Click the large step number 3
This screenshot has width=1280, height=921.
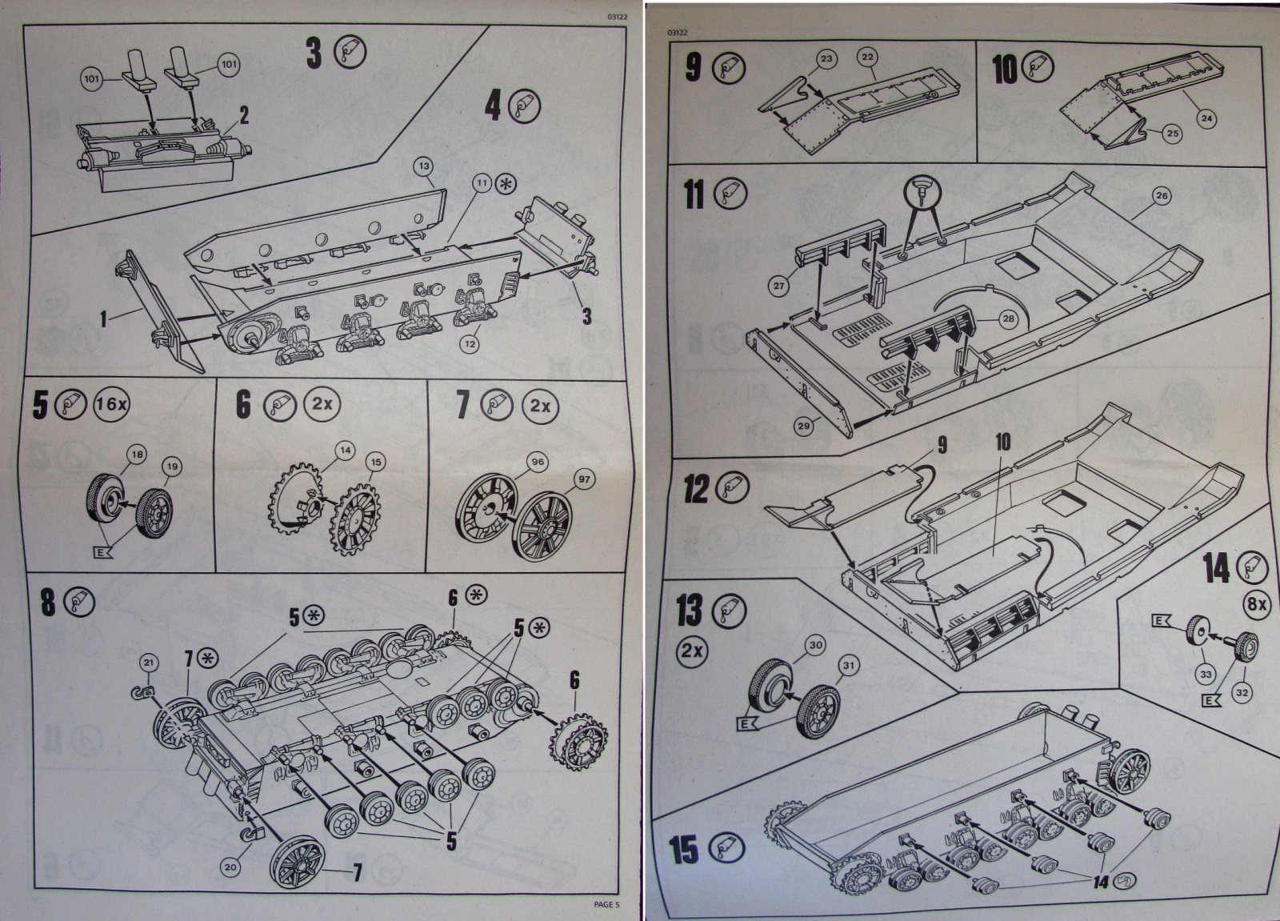tap(314, 53)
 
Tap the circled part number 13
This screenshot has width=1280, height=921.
tap(424, 166)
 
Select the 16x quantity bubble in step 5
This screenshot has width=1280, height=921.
tap(111, 404)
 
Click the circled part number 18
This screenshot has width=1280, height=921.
tap(137, 454)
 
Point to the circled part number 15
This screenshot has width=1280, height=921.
tap(375, 462)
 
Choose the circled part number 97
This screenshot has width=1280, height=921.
tap(584, 479)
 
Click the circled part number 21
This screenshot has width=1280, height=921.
tap(150, 662)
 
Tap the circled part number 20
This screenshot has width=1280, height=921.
tap(231, 867)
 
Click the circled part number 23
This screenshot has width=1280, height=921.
tap(826, 58)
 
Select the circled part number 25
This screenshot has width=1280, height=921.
tap(1172, 134)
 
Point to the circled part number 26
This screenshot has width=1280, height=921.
tap(1162, 195)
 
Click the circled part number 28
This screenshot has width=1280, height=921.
tap(1008, 318)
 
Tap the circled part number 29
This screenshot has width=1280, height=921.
tap(804, 426)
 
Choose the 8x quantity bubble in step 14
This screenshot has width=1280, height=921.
tap(1257, 604)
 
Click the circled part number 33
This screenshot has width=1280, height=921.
tap(1206, 675)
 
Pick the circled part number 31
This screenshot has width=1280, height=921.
tap(848, 665)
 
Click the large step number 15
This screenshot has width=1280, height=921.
tap(684, 851)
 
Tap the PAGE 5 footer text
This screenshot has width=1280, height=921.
tap(606, 905)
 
